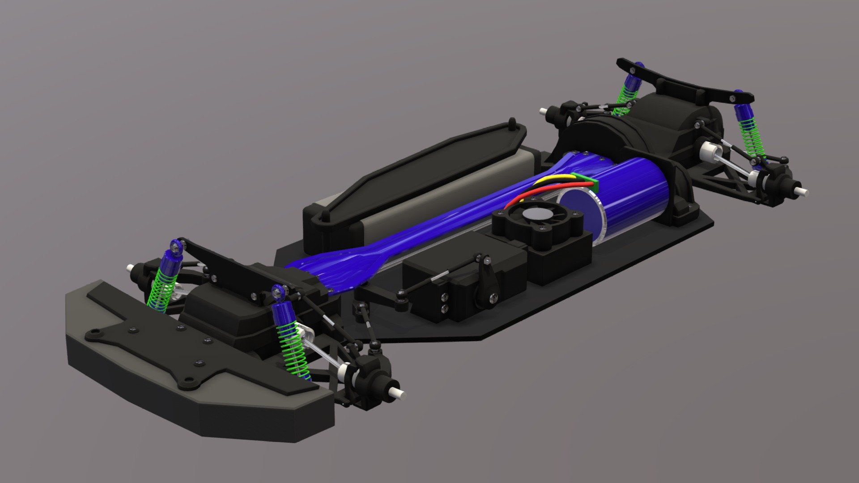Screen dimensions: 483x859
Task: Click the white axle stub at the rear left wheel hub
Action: click(543, 110)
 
